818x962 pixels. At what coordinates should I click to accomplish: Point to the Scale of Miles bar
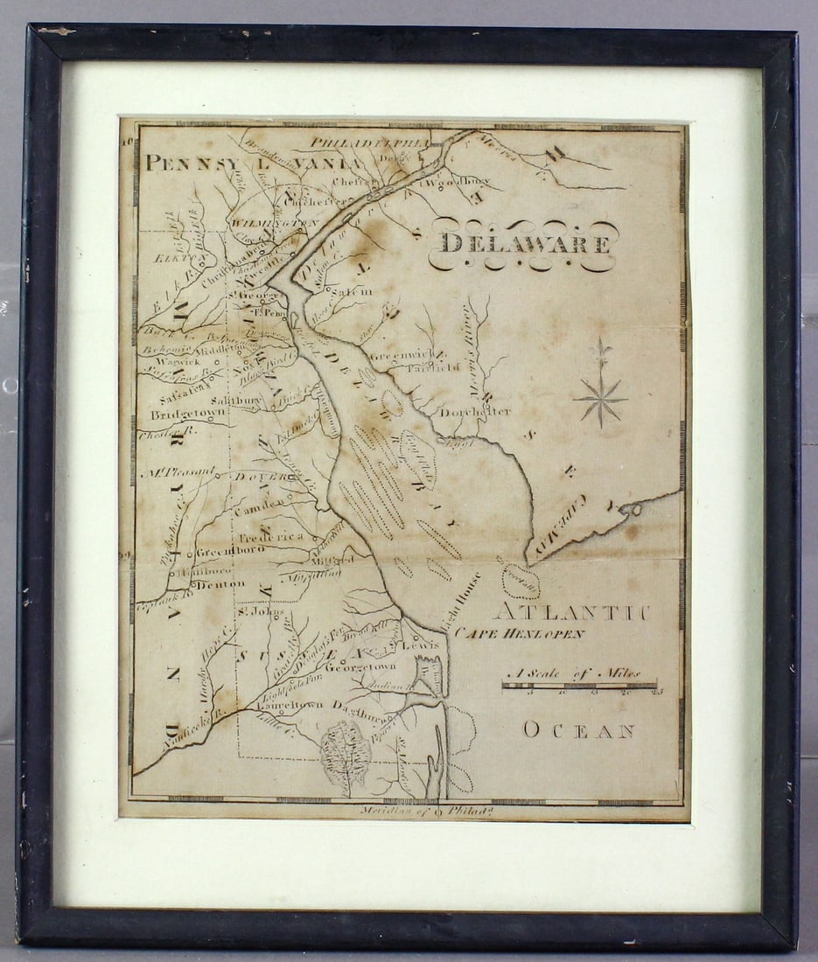579,687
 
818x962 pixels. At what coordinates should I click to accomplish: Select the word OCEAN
578,730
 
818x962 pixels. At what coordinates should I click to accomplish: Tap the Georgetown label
360,666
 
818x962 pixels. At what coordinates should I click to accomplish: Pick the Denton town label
214,584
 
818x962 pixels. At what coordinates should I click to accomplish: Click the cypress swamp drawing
346,753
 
